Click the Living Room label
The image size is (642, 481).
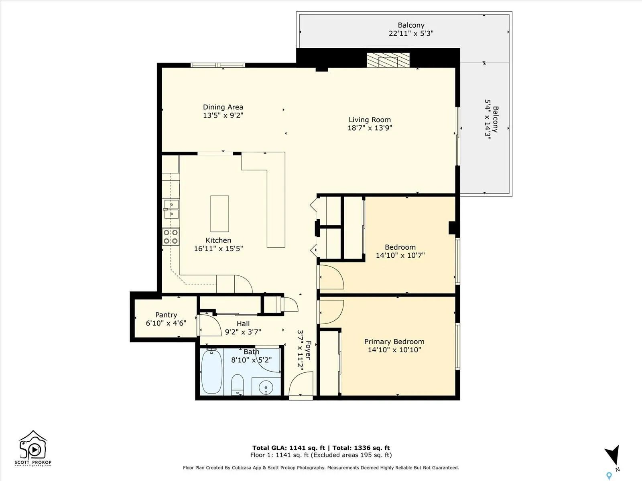(x=370, y=120)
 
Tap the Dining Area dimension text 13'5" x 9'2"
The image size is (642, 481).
(x=223, y=115)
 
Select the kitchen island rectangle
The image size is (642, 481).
(x=219, y=214)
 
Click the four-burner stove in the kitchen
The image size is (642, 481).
(x=171, y=237)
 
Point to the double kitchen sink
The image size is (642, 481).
(x=172, y=209)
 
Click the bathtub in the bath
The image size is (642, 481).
(x=211, y=372)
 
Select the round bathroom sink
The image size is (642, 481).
(x=266, y=388)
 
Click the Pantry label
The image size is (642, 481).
(x=166, y=315)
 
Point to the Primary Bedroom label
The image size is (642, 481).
(x=394, y=342)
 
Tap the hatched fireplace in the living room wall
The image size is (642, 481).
(x=388, y=60)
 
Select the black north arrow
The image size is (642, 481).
(x=612, y=455)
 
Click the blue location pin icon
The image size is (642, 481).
(x=609, y=476)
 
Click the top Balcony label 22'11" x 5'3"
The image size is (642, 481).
(x=411, y=29)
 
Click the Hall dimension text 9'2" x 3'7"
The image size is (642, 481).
(x=243, y=332)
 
